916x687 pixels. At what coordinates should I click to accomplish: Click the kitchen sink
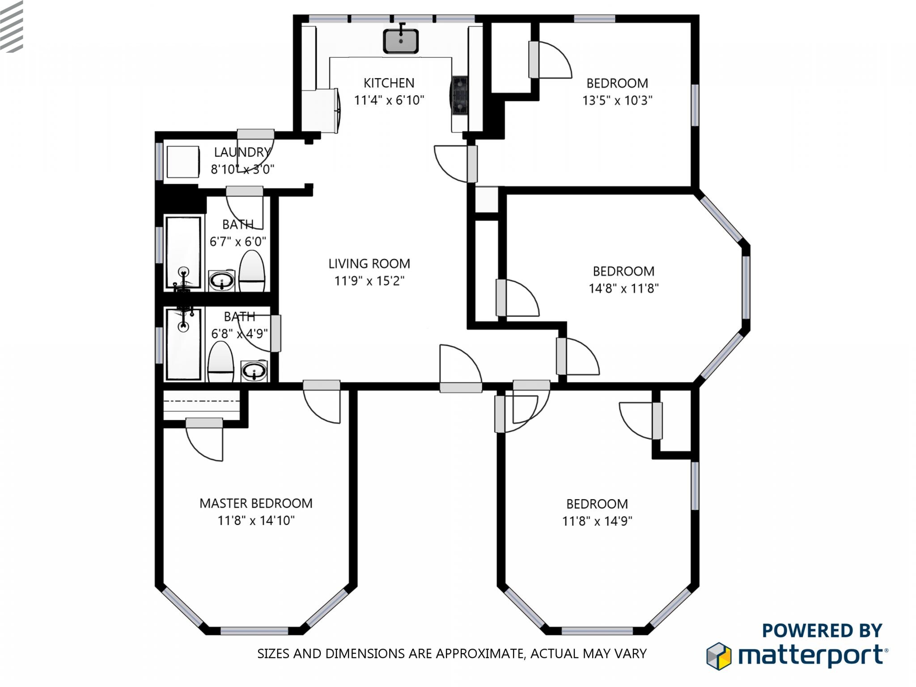401,42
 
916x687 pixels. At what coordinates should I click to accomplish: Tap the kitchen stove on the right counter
460,95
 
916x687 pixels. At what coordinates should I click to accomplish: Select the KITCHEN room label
389,83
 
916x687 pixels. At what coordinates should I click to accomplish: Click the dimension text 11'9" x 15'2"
369,281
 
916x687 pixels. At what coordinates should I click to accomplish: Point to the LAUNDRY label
242,152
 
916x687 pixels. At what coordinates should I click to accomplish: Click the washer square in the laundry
183,161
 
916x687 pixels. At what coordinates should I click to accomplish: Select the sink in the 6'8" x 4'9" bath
254,371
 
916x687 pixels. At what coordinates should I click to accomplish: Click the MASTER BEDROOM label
256,503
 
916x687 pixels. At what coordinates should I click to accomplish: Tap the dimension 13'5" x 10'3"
617,100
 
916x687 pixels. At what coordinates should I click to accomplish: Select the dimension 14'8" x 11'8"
623,288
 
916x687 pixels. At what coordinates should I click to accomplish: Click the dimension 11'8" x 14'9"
597,521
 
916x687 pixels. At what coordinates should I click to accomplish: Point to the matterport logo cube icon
718,656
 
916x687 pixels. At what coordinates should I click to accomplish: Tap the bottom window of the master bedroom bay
254,631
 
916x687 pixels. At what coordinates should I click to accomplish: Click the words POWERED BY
822,631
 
